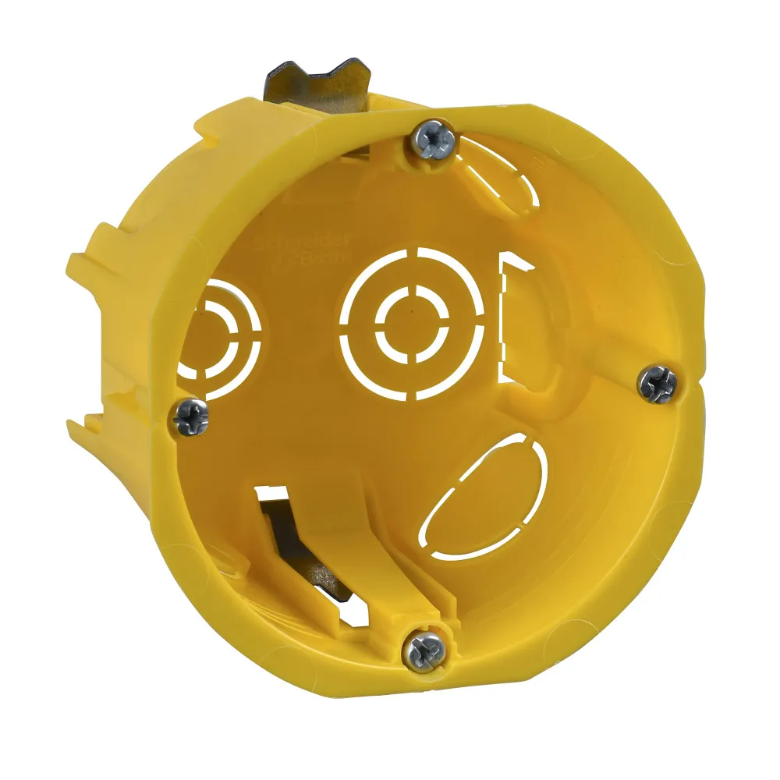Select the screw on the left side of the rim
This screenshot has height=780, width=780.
pyautogui.click(x=190, y=418)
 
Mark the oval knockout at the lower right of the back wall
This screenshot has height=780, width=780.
pyautogui.click(x=484, y=492)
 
